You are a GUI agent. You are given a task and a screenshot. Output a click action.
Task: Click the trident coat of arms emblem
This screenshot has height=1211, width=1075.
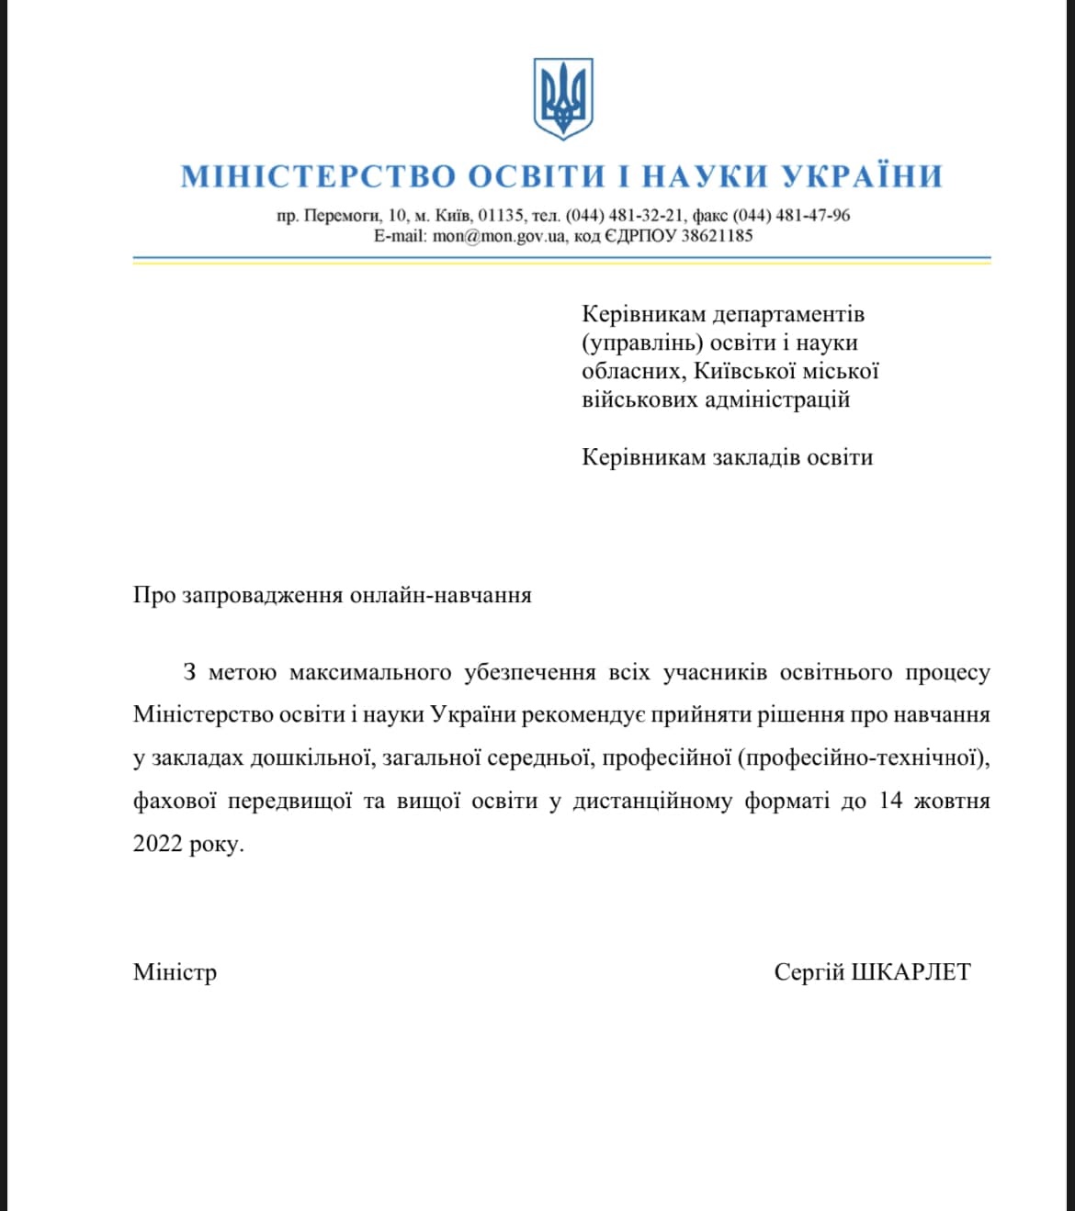tap(562, 98)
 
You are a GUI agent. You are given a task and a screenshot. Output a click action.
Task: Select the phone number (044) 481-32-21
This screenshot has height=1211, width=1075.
tap(625, 216)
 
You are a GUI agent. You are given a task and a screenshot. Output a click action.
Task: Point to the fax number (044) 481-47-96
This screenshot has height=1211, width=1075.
tap(791, 216)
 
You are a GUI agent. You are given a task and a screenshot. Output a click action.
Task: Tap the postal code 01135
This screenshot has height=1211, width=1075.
tap(501, 216)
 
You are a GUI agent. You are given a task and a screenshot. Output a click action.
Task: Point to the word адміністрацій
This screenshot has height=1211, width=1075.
tap(776, 400)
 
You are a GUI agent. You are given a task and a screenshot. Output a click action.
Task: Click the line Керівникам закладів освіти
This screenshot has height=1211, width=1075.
tap(727, 457)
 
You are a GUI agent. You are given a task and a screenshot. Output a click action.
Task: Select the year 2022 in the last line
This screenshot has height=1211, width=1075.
tap(157, 844)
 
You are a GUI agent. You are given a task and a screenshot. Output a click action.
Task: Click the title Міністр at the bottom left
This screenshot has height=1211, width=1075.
tap(175, 972)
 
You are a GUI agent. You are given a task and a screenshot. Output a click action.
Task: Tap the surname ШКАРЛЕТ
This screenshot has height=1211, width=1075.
tap(911, 972)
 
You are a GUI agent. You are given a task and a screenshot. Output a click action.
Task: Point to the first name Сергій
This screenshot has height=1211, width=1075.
tap(809, 973)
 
